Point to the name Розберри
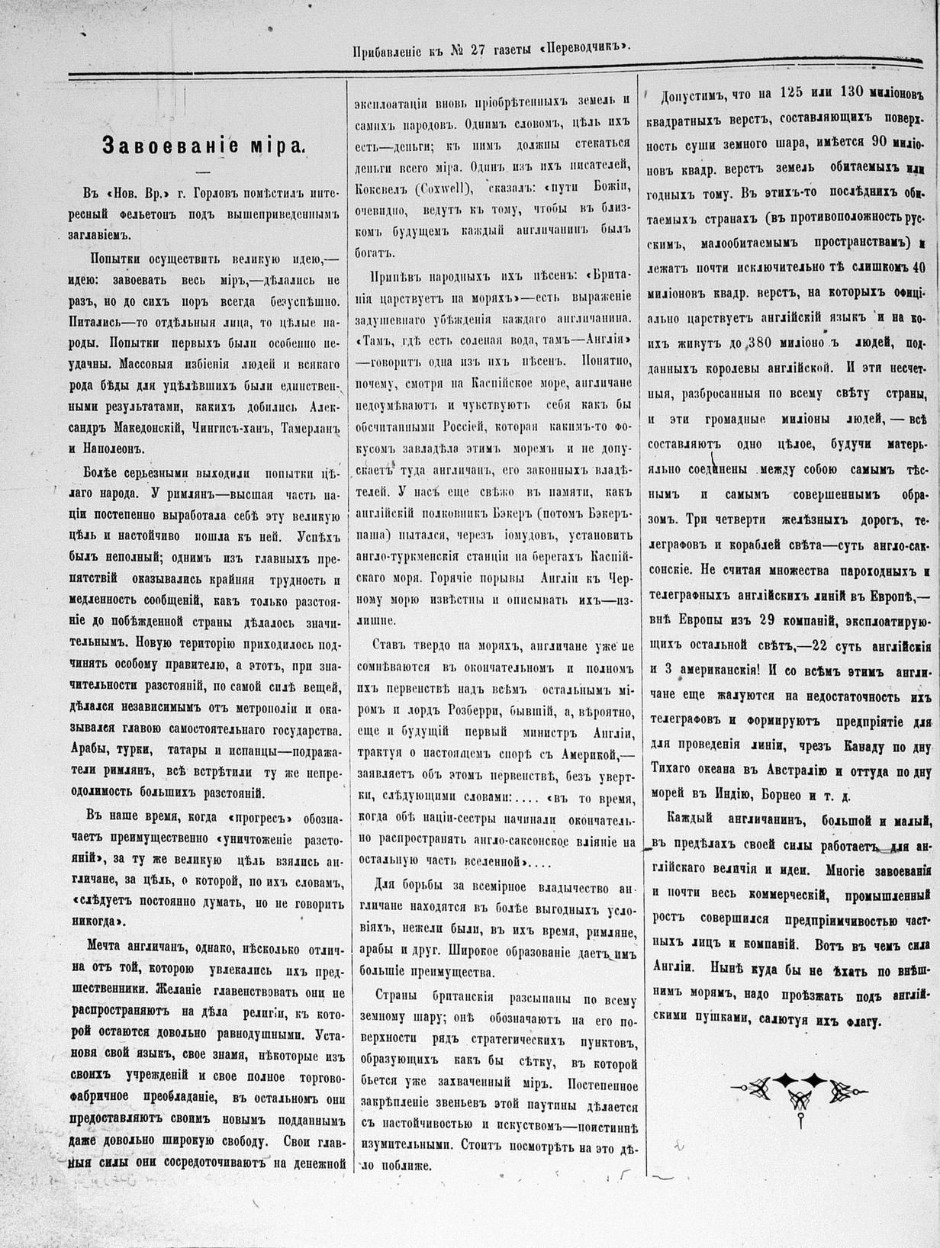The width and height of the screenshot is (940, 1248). [x=478, y=712]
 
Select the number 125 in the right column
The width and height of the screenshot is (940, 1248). [x=797, y=94]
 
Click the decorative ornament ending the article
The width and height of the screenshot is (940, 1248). [x=800, y=1089]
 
